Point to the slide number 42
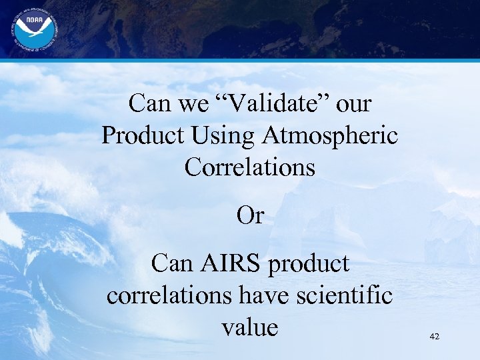(x=435, y=337)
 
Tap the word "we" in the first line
(x=194, y=104)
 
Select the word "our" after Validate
(x=354, y=105)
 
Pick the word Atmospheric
(x=331, y=136)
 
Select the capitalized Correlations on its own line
(x=250, y=167)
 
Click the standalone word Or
(x=251, y=215)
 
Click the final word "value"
(x=250, y=327)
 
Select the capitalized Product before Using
(x=143, y=136)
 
